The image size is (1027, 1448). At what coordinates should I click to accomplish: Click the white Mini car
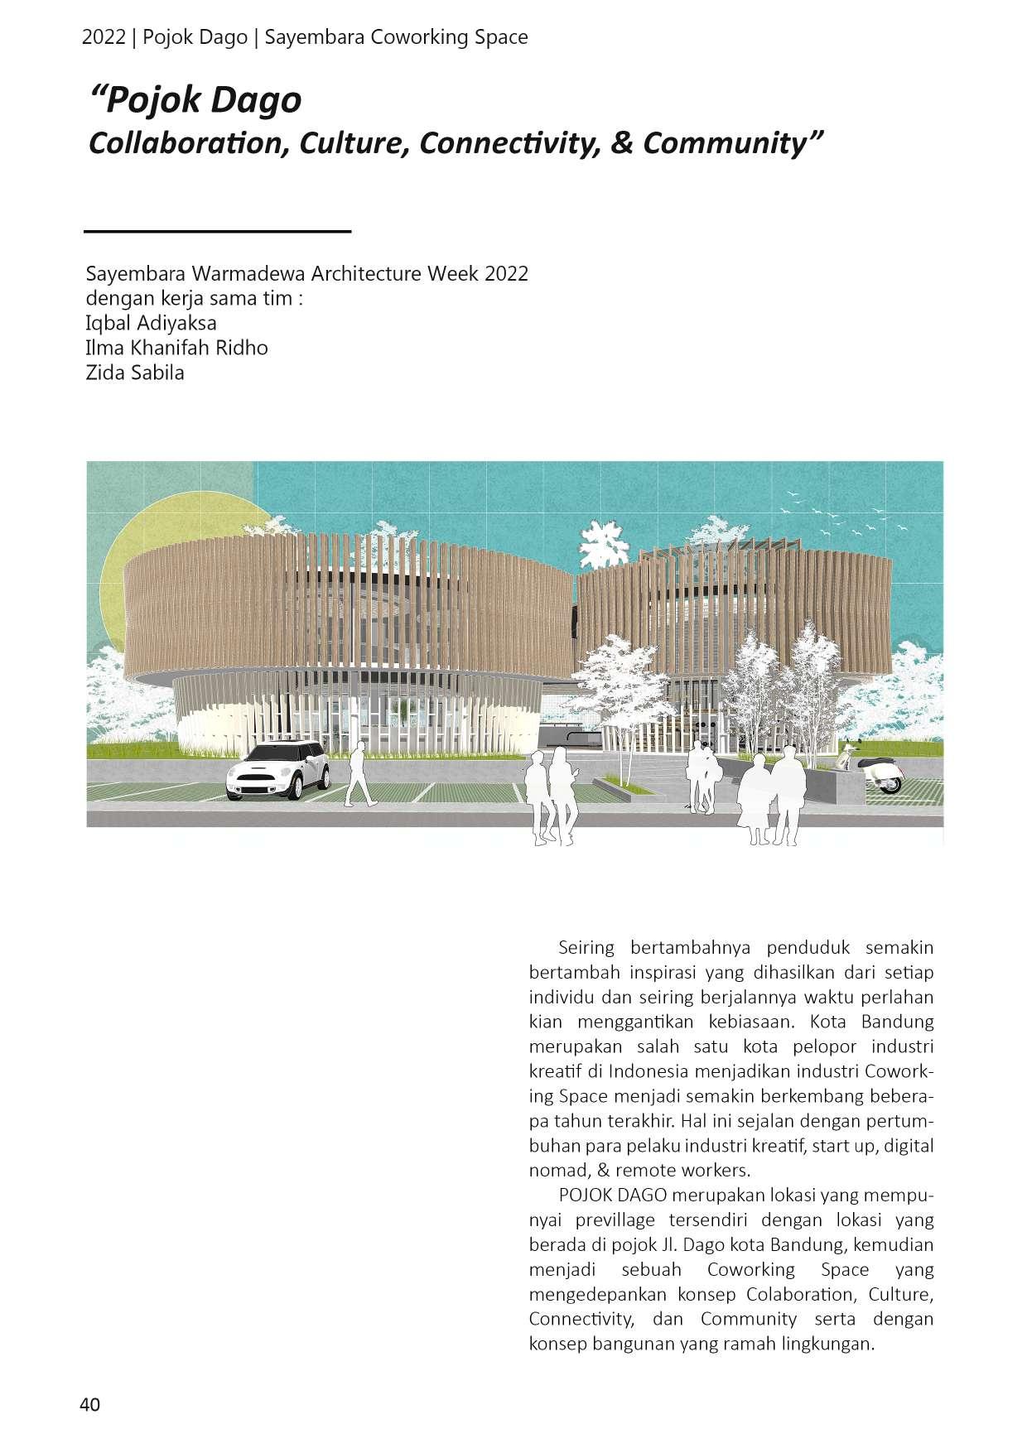(x=277, y=771)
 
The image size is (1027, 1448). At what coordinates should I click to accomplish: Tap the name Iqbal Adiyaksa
(x=151, y=323)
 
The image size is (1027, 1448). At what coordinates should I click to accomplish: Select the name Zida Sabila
(x=135, y=373)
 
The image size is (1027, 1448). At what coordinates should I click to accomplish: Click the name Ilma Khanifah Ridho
(x=176, y=348)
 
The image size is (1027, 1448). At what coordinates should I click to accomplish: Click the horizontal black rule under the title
(x=218, y=231)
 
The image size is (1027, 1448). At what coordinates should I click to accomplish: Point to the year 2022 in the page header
(x=104, y=37)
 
